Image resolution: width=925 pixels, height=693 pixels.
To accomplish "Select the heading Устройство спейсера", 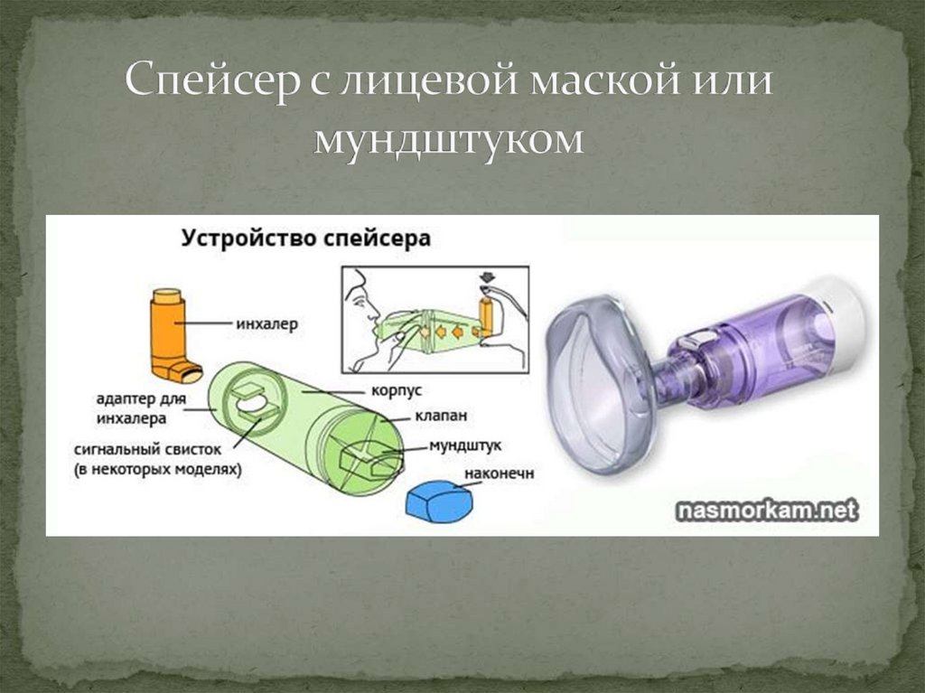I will coord(306,239).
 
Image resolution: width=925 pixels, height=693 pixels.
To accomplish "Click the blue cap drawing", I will coord(440,502).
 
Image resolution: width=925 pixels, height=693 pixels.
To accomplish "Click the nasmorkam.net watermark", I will coord(765,510).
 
